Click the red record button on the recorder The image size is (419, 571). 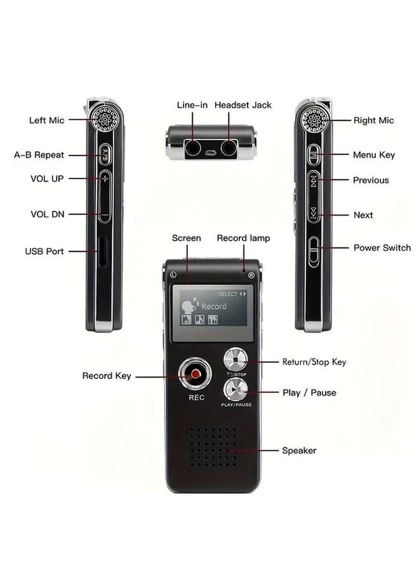pos(196,376)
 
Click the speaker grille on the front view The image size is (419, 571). pos(213,446)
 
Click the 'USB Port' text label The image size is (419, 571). pos(44,251)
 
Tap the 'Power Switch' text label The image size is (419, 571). pos(382,247)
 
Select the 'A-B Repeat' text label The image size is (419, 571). pos(39,155)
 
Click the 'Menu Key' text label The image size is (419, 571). pos(374,155)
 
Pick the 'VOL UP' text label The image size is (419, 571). pos(48,179)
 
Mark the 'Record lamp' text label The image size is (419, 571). pos(243,238)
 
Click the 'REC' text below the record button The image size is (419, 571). pos(196,399)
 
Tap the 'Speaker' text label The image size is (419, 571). pos(299,450)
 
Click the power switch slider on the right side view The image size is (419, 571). pos(314,249)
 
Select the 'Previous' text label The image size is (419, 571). pos(371,180)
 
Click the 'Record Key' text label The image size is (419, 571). pos(107,376)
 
